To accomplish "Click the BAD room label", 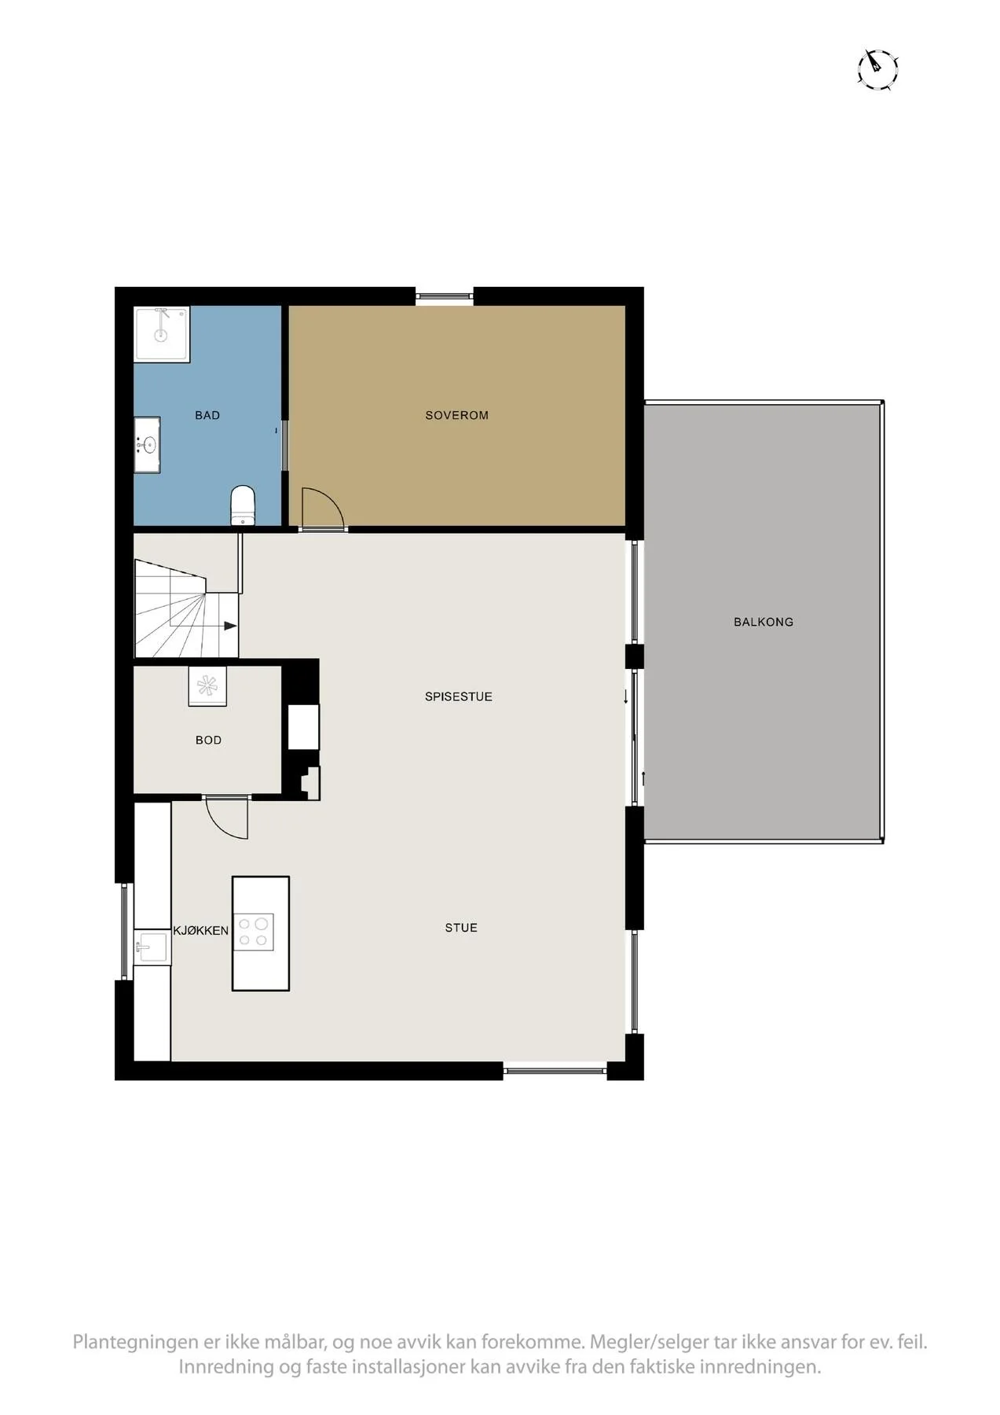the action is coord(207,415).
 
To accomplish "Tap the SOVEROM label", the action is coord(457,415).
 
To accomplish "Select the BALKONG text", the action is coord(764,622).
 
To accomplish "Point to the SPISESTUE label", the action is coord(459,696).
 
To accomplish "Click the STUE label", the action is coord(461,928).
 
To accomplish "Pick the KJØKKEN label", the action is coord(201,931).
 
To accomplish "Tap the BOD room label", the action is coord(208,740).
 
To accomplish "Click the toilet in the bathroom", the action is coord(243,505).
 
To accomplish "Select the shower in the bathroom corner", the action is coord(162,335).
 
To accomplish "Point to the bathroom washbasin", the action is coord(147,445).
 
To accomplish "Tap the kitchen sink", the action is coord(151,946).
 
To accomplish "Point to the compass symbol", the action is coord(877,69).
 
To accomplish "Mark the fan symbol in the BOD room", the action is coord(207,686).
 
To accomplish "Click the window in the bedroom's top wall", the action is coord(445,296).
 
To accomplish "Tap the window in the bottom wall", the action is coord(555,1070).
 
